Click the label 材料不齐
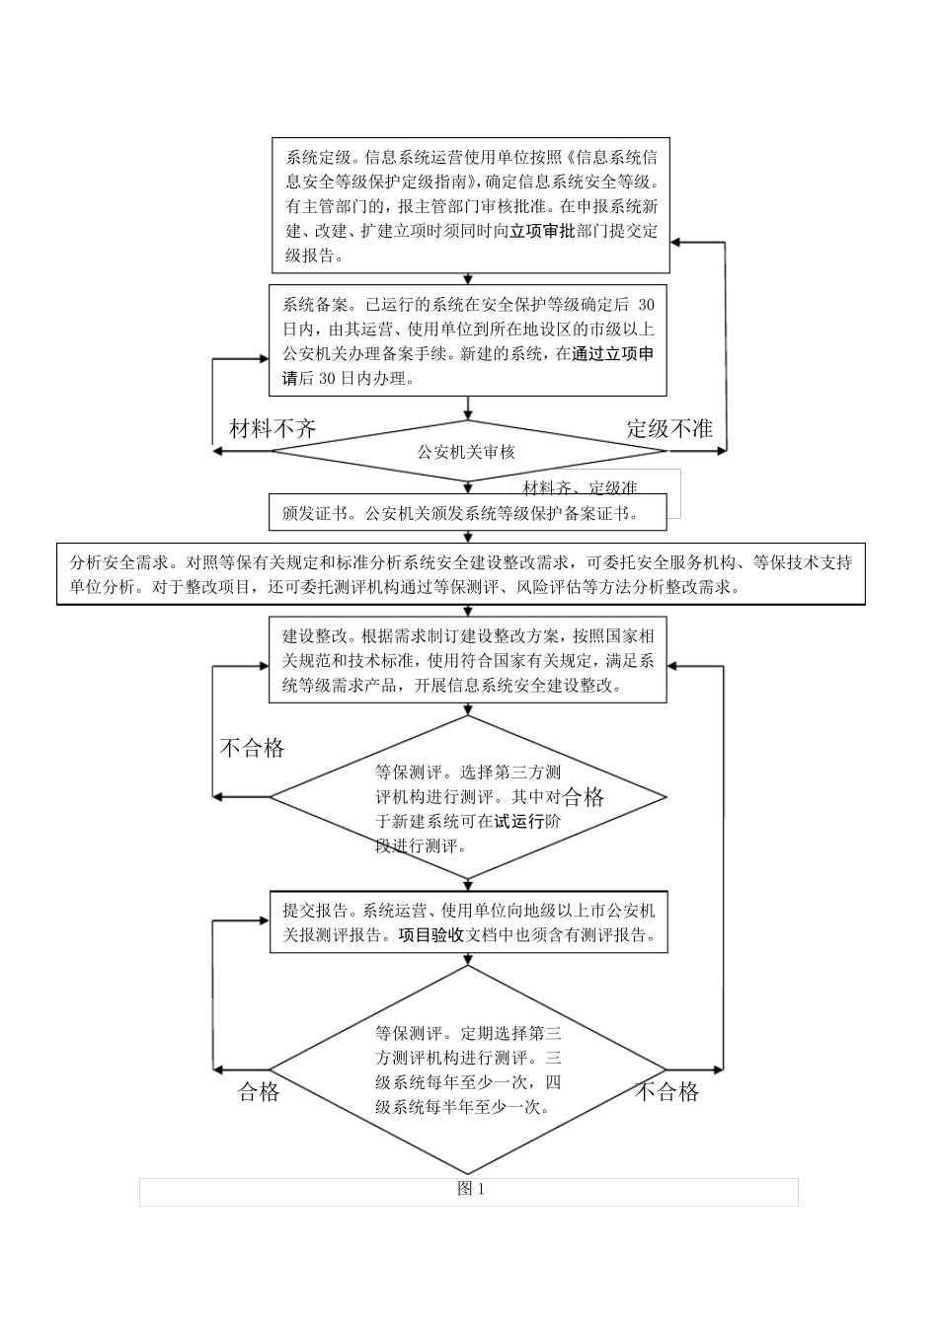pyautogui.click(x=273, y=428)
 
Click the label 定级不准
pyautogui.click(x=669, y=428)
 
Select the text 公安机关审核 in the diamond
pyautogui.click(x=466, y=452)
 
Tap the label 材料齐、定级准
pyautogui.click(x=580, y=487)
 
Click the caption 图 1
pyautogui.click(x=470, y=1189)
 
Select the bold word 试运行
pyautogui.click(x=518, y=821)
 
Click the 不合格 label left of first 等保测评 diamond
pyautogui.click(x=252, y=748)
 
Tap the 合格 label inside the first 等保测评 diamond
pyautogui.click(x=584, y=797)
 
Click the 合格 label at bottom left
pyautogui.click(x=259, y=1091)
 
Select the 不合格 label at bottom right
pyautogui.click(x=666, y=1091)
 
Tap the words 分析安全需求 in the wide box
pyautogui.click(x=117, y=562)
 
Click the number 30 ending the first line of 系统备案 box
pyautogui.click(x=646, y=305)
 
